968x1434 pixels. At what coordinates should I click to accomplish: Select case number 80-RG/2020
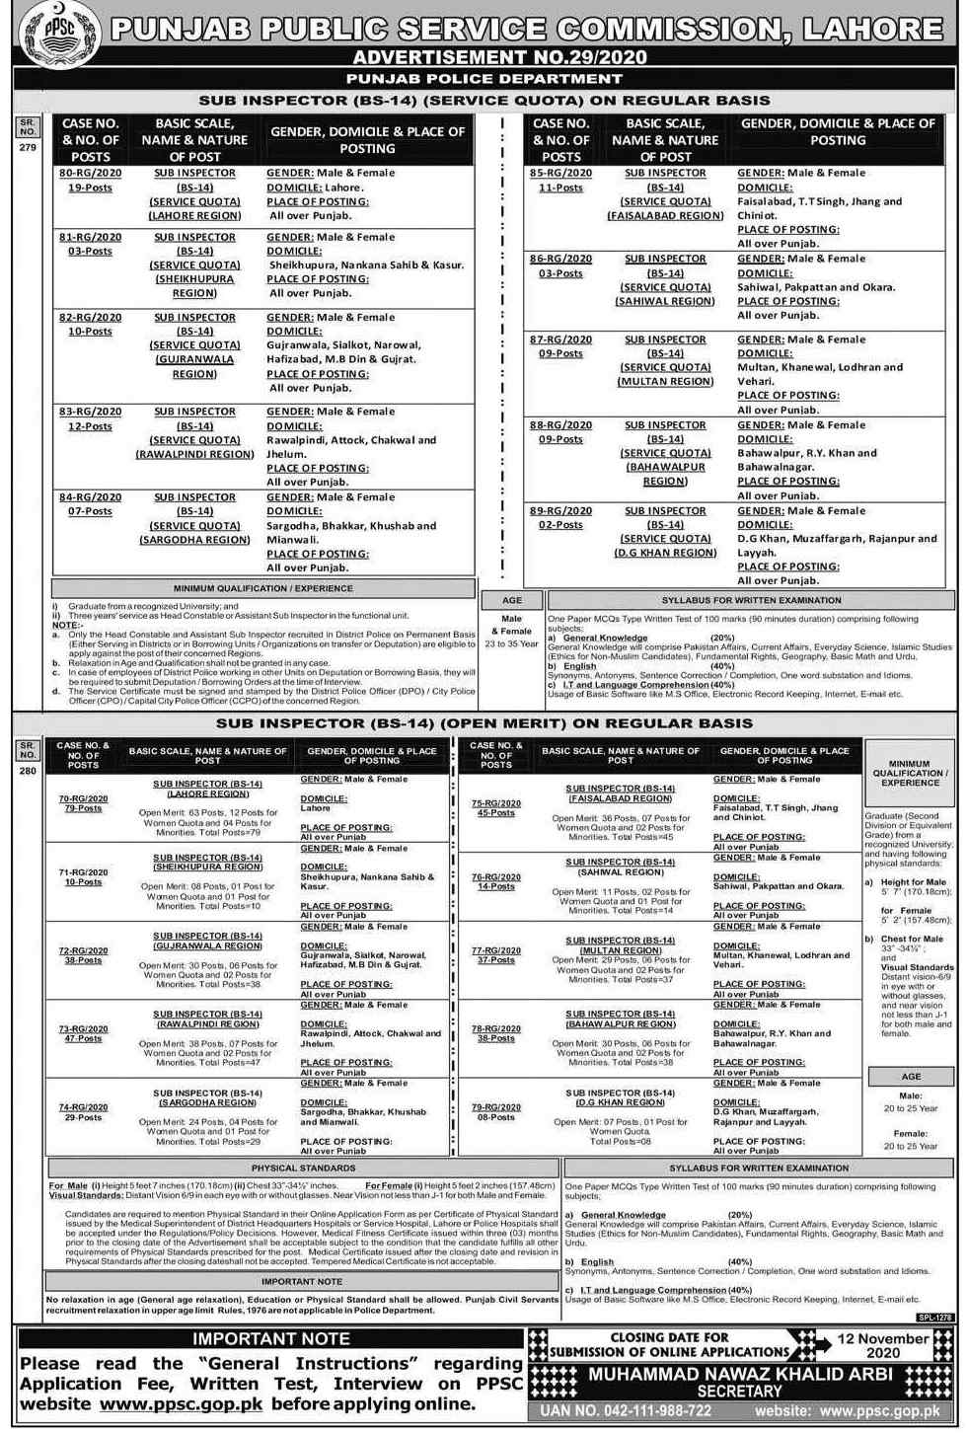91,173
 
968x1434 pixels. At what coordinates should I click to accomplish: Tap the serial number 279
27,147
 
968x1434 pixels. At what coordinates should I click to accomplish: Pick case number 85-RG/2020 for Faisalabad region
560,173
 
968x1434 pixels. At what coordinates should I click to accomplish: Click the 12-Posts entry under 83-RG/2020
90,426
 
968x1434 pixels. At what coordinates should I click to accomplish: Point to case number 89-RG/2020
560,511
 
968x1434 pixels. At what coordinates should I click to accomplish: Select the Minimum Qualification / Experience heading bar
263,588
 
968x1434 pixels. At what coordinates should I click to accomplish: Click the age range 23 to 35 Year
511,643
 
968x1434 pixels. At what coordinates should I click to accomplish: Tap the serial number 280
27,771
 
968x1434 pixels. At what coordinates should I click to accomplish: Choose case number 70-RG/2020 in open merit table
83,798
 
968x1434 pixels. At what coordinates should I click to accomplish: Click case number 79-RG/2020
495,1107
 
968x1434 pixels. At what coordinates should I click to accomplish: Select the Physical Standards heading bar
303,1168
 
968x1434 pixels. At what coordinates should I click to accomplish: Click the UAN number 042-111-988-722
626,1411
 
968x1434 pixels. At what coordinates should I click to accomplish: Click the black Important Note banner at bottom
271,1339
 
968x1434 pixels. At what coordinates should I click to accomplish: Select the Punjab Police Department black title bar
484,78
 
